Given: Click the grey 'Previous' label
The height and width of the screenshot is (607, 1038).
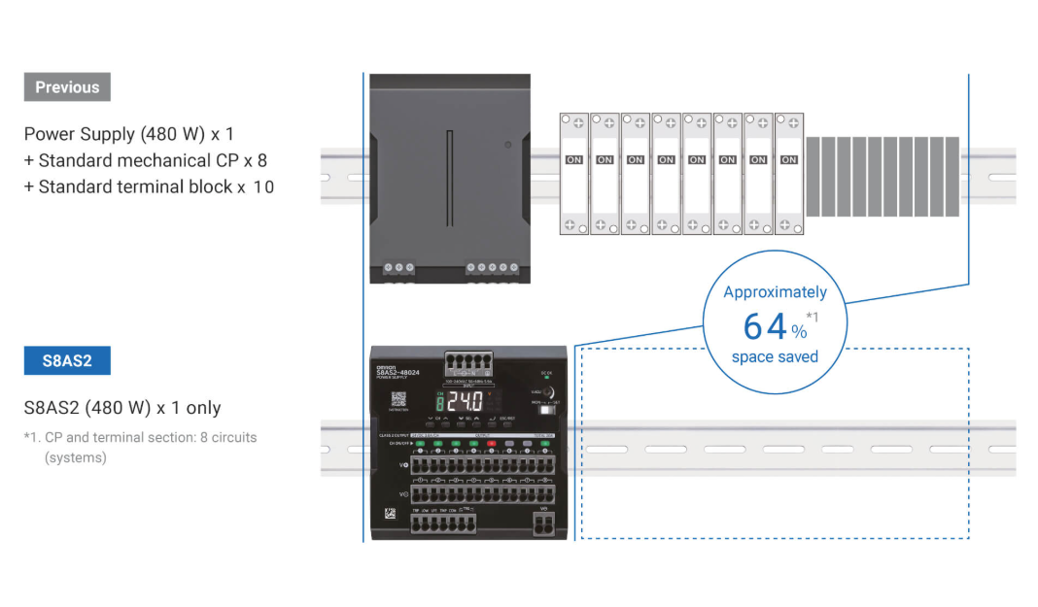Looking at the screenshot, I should pyautogui.click(x=67, y=87).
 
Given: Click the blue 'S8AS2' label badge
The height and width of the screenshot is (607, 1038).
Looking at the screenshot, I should pyautogui.click(x=67, y=361).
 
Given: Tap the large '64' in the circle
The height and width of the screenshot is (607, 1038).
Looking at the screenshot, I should pyautogui.click(x=764, y=324).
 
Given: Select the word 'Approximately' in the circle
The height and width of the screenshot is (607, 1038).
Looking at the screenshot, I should pyautogui.click(x=775, y=292).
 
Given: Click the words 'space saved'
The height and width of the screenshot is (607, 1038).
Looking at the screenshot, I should pyautogui.click(x=775, y=356).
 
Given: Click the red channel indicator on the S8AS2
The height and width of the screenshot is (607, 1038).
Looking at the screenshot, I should pyautogui.click(x=491, y=443).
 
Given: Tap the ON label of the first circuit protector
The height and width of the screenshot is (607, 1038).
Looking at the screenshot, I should pyautogui.click(x=574, y=159).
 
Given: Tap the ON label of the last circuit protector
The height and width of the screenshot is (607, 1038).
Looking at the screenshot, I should pyautogui.click(x=788, y=159).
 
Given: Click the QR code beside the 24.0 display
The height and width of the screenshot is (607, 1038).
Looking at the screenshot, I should pyautogui.click(x=398, y=398).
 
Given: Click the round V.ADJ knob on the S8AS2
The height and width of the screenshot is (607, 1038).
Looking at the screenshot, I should pyautogui.click(x=546, y=391).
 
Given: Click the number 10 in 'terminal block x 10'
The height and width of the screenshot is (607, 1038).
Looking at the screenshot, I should pyautogui.click(x=263, y=186).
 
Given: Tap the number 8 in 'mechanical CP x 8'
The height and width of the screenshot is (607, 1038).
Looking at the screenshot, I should pyautogui.click(x=261, y=160).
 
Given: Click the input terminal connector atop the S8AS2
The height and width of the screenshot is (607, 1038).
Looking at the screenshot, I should pyautogui.click(x=467, y=363).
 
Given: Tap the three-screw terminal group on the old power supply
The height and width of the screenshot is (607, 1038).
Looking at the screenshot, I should pyautogui.click(x=398, y=267).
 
